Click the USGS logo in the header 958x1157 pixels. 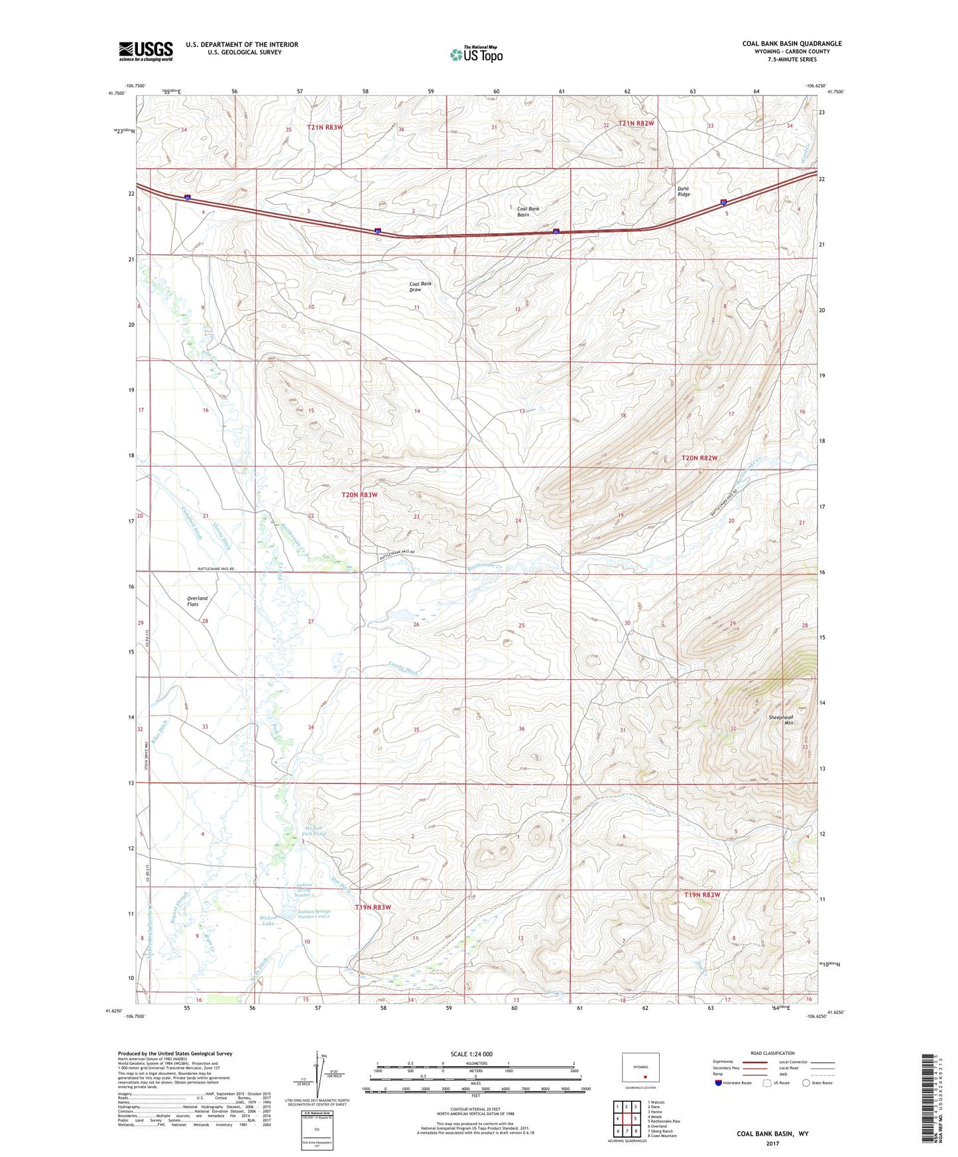click(146, 51)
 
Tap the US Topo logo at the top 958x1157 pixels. click(476, 54)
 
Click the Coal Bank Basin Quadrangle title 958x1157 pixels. click(792, 44)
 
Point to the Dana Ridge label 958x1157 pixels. click(683, 192)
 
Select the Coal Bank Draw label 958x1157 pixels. click(420, 286)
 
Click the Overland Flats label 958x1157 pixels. click(197, 601)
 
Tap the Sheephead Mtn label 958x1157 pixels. click(780, 720)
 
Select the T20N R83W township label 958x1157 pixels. click(359, 495)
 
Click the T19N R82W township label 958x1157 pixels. click(701, 895)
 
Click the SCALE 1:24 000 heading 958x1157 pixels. click(471, 1054)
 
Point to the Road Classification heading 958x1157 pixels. click(772, 1053)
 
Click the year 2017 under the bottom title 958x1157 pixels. click(772, 1143)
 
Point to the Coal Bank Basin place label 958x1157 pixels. click(528, 211)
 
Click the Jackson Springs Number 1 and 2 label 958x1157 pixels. click(313, 914)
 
